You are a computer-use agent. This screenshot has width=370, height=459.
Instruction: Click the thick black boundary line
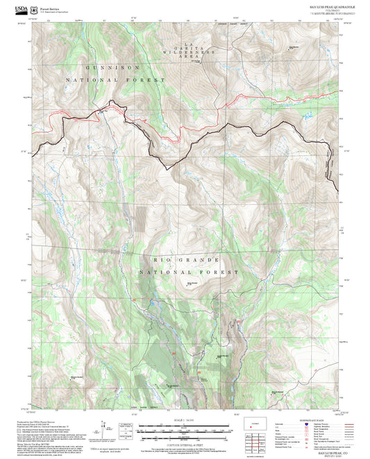[x=167, y=165]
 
